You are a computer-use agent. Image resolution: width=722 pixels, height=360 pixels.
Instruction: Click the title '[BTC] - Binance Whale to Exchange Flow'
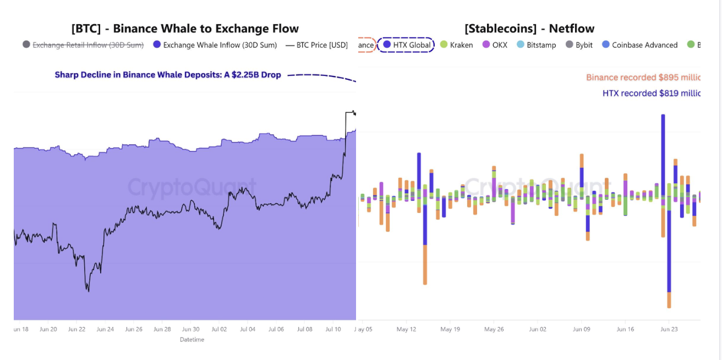(185, 29)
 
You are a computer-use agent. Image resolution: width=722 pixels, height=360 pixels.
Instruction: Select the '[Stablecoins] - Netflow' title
(529, 29)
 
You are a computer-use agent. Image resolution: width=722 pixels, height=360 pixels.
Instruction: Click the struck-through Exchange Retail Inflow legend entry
(83, 45)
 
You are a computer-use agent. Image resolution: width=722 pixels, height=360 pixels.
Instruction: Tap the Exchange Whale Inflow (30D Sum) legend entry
(215, 45)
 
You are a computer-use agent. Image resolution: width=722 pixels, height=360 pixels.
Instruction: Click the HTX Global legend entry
(407, 45)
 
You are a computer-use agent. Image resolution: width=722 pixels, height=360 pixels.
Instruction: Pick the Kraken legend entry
(456, 45)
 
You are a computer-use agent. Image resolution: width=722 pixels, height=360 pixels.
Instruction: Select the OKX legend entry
(495, 45)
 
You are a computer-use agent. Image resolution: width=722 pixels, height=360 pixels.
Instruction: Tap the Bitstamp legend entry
(536, 45)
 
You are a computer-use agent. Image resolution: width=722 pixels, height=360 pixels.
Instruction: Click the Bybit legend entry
(579, 45)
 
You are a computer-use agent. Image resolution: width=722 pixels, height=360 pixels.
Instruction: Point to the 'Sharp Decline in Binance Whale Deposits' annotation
(168, 75)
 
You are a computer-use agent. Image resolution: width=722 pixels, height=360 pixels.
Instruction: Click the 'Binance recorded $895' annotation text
(643, 78)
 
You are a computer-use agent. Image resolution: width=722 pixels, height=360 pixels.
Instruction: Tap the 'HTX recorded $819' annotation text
(651, 94)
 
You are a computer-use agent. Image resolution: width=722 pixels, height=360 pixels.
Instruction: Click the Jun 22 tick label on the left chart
(76, 329)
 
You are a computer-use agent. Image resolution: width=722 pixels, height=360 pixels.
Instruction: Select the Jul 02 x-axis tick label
(219, 329)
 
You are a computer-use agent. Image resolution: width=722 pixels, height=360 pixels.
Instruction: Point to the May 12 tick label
(406, 329)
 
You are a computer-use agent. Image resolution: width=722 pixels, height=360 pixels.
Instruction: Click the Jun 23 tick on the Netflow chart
(669, 329)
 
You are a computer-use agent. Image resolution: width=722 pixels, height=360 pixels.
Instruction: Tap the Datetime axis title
(192, 340)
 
